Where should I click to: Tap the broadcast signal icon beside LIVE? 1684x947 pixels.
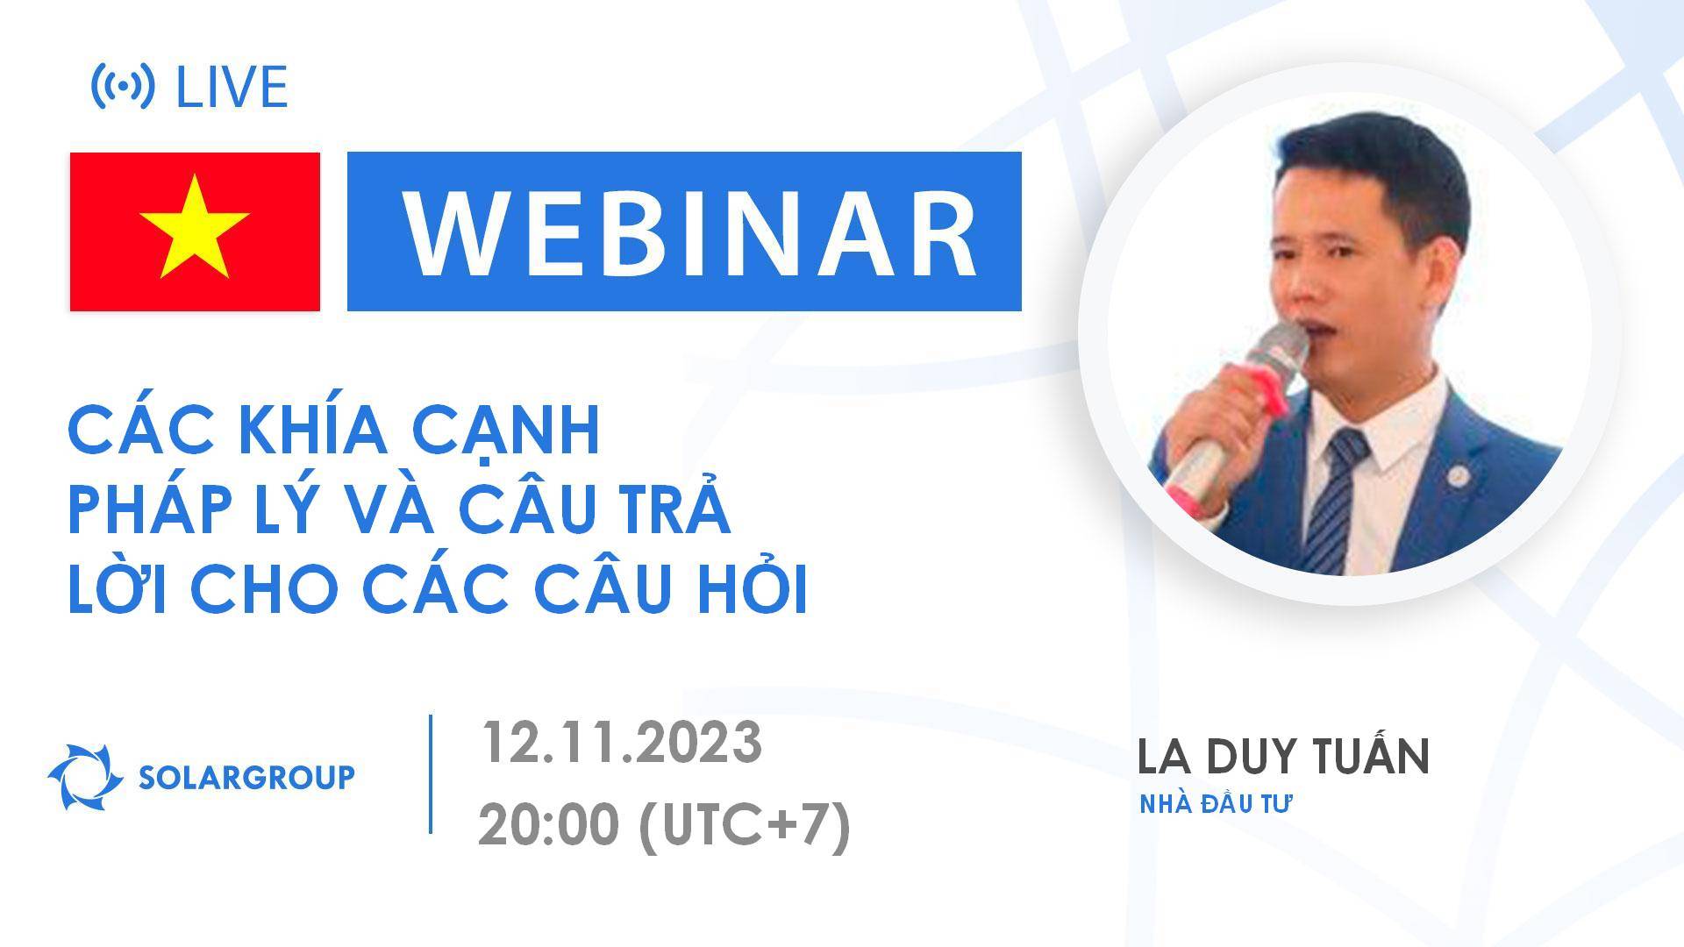(123, 86)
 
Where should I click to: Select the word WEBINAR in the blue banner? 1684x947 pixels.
(689, 233)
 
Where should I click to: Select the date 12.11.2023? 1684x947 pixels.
(620, 744)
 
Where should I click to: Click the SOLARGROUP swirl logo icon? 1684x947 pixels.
(85, 777)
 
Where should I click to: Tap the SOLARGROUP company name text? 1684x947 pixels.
(247, 777)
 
